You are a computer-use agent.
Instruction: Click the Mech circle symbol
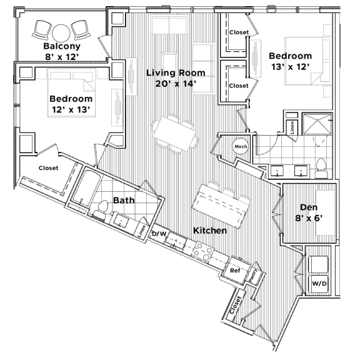[x=241, y=146]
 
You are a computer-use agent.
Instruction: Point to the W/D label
[x=319, y=284]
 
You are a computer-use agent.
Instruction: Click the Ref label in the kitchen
[x=235, y=271]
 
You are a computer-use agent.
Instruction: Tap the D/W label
[x=159, y=234]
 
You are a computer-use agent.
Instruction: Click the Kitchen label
[x=209, y=231]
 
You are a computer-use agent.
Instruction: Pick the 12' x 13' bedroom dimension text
[x=71, y=110]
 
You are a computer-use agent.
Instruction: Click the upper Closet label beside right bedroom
[x=239, y=32]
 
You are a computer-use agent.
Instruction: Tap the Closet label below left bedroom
[x=48, y=168]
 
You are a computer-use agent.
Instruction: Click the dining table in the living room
[x=172, y=131]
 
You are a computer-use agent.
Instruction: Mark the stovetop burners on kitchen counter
[x=202, y=251]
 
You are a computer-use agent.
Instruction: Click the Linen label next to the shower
[x=292, y=126]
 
